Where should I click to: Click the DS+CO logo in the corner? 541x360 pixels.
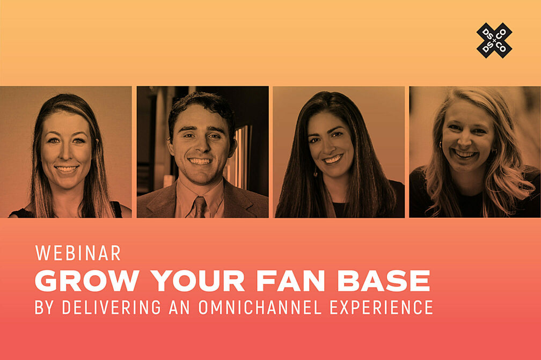(x=494, y=40)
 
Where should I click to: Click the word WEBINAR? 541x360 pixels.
(x=78, y=253)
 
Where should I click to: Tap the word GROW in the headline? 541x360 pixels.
(x=88, y=281)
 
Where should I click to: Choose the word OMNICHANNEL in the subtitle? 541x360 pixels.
(x=261, y=307)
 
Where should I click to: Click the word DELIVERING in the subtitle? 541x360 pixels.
(x=111, y=307)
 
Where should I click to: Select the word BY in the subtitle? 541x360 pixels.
(x=44, y=307)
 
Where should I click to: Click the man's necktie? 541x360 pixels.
(x=200, y=207)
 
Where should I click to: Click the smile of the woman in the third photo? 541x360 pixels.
(x=333, y=159)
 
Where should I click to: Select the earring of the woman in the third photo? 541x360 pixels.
(x=316, y=173)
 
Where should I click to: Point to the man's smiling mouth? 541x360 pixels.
(x=200, y=161)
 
